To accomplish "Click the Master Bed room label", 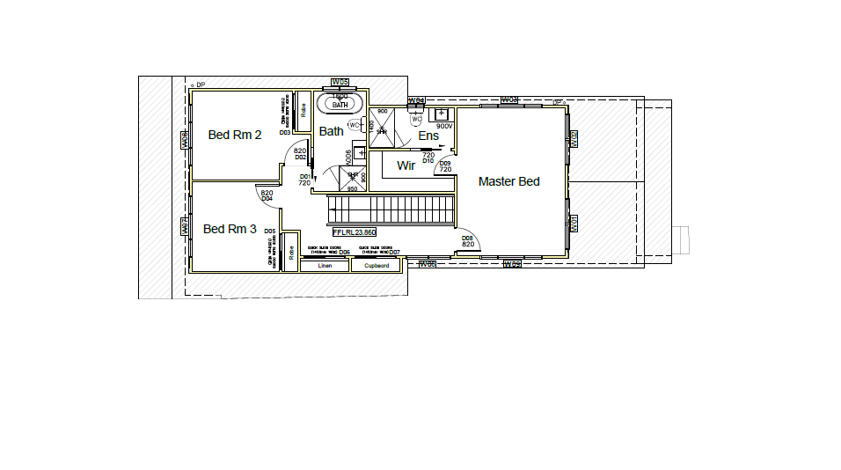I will (x=508, y=181).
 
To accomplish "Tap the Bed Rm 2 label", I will (x=235, y=135).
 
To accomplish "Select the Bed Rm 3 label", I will (x=230, y=229).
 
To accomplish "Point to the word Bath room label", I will (x=332, y=131).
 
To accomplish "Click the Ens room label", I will (x=428, y=136).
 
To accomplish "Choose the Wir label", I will (x=406, y=165).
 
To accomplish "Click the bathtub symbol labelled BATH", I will (x=340, y=104).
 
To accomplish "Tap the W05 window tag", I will (x=340, y=83).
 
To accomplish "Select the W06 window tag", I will (x=186, y=139).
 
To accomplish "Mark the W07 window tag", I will (x=186, y=226).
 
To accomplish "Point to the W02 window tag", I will (x=573, y=138).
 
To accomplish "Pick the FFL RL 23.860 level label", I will (x=355, y=232).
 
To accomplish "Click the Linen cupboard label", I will (x=325, y=265).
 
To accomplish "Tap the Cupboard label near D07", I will (x=377, y=265).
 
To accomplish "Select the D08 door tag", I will (x=468, y=238).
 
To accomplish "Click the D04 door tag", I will (x=267, y=199).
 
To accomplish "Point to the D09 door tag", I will (x=445, y=163).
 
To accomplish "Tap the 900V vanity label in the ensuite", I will (x=443, y=126).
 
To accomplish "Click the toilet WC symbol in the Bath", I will (x=355, y=125).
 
